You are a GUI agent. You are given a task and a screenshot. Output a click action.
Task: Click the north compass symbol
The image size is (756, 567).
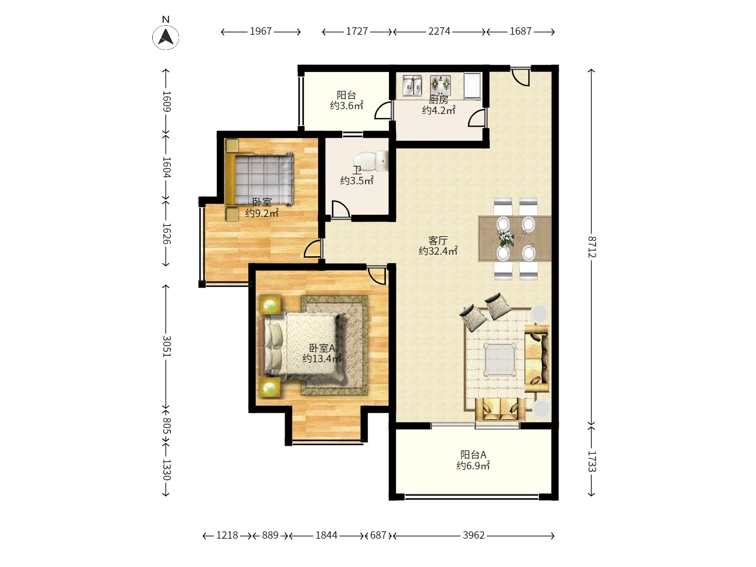(x=166, y=35)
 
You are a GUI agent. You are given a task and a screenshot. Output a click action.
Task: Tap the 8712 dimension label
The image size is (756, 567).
(x=591, y=247)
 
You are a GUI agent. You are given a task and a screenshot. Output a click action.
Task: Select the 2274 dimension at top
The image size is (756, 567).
(x=439, y=31)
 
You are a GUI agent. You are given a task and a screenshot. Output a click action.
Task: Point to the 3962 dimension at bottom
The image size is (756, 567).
(x=474, y=535)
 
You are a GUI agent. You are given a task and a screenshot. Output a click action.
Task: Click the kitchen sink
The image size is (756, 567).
(x=412, y=86)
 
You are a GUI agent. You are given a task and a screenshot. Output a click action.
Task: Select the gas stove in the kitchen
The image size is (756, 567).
(x=440, y=86)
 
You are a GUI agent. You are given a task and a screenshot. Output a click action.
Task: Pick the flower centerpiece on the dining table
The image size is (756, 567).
(x=506, y=238)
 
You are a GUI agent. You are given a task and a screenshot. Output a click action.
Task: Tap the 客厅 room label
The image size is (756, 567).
(x=438, y=240)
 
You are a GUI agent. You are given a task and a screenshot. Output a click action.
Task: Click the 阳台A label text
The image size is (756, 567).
(x=473, y=455)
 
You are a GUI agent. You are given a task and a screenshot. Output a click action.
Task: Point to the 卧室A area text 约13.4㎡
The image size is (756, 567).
(x=322, y=359)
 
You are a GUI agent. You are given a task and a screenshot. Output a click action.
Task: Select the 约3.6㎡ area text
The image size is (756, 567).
(x=346, y=106)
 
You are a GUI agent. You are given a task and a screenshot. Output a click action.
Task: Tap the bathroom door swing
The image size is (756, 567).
(x=341, y=209)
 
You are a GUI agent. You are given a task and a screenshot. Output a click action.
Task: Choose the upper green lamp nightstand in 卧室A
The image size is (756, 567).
(x=270, y=304)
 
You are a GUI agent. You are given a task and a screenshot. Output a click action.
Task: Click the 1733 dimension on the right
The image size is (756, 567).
(x=591, y=461)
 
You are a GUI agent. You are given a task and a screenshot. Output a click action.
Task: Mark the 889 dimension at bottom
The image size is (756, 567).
(x=270, y=535)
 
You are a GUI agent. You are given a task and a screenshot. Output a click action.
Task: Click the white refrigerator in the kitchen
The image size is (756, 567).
(x=472, y=86)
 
